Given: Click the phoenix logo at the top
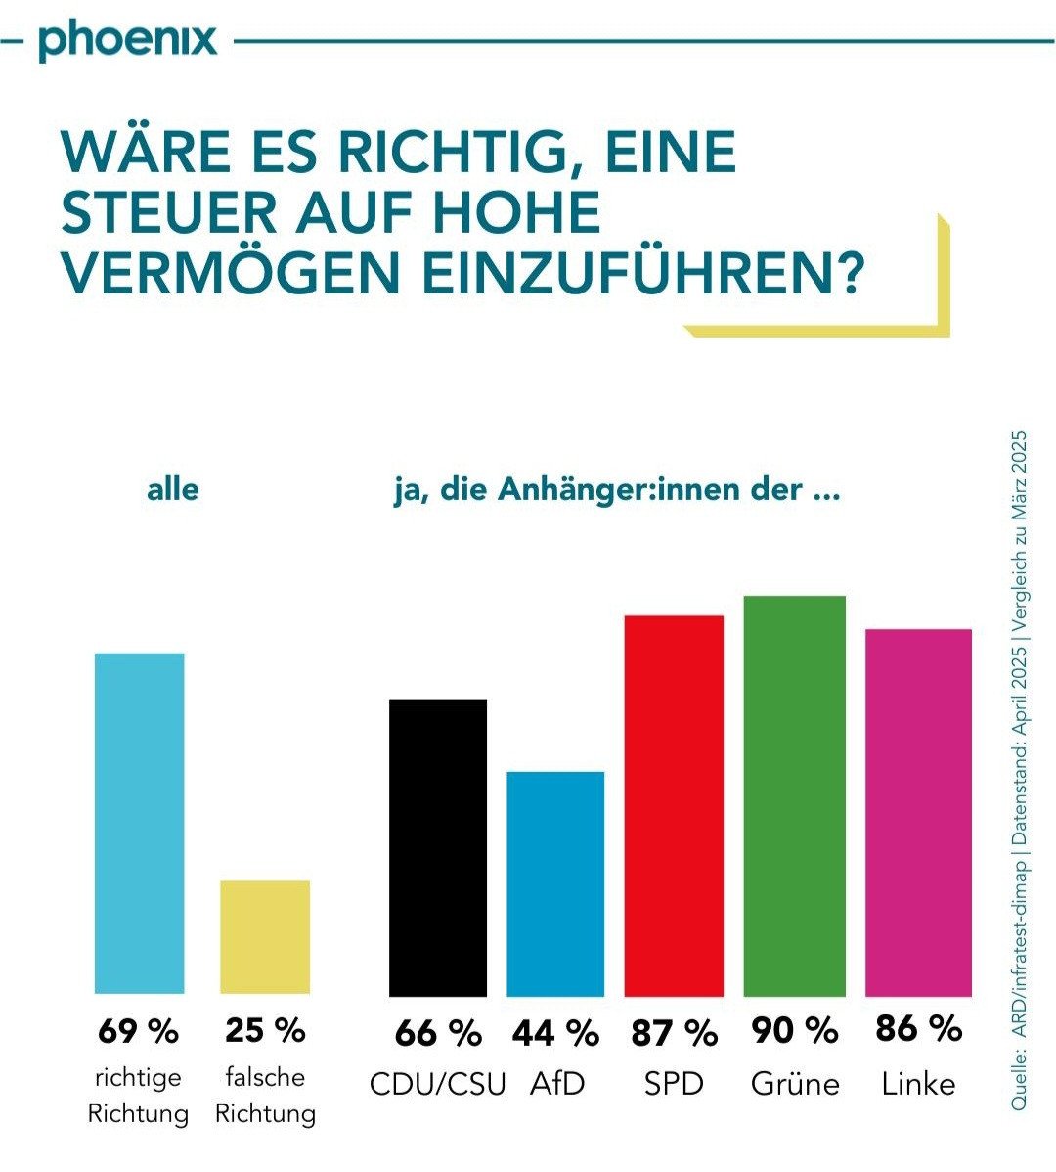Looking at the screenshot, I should tap(128, 41).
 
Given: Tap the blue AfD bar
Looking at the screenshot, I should tap(555, 883).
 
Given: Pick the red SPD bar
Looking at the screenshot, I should tap(674, 805).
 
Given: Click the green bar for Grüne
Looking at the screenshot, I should tap(794, 795).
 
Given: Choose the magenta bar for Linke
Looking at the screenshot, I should tap(918, 812).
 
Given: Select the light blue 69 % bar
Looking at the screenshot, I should tap(139, 823).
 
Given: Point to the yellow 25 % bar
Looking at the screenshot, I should tap(264, 936).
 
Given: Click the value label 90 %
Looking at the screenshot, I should tap(794, 1030).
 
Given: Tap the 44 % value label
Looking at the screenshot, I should tap(555, 1032).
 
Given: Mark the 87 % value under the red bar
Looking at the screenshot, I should tap(674, 1032).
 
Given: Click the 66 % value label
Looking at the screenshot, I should tap(437, 1032).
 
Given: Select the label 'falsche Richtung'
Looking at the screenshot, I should tap(265, 1096).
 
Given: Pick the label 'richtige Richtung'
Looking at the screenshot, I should tap(138, 1096).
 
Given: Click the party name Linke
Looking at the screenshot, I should tap(918, 1084).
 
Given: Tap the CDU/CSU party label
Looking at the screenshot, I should tap(437, 1085).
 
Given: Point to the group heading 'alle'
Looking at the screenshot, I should tap(172, 489).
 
